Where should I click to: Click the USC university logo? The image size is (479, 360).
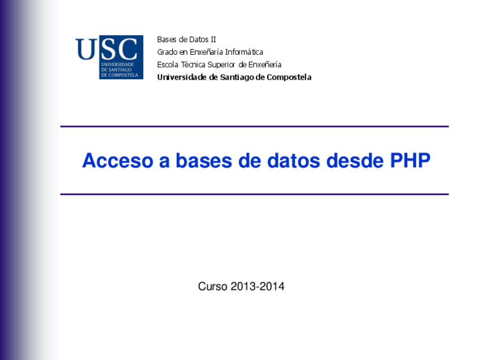[x=108, y=57]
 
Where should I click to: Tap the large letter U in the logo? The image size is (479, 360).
[x=86, y=49]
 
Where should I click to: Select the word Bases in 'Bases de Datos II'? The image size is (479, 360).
[x=167, y=40]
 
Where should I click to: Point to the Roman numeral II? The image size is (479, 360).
[x=212, y=40]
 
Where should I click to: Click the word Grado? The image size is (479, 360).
[x=167, y=52]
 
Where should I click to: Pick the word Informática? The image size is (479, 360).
[x=244, y=52]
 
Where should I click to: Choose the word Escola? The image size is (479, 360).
[x=168, y=64]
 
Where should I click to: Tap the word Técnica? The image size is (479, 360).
[x=193, y=64]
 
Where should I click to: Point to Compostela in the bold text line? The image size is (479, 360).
[x=289, y=77]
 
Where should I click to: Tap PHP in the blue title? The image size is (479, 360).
[x=410, y=161]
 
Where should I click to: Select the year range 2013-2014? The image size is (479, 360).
[x=258, y=287]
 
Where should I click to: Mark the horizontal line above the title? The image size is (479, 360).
[x=254, y=127]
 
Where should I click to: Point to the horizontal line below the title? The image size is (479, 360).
[x=254, y=194]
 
